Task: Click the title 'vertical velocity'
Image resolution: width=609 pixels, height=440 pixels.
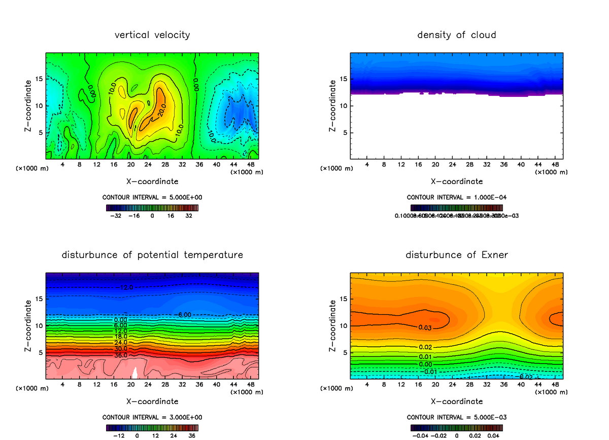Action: point(152,35)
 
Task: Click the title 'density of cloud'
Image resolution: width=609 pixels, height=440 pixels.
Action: point(456,35)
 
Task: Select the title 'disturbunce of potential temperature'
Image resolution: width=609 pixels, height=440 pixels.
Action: point(152,254)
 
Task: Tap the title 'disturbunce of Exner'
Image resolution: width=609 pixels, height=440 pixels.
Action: point(456,254)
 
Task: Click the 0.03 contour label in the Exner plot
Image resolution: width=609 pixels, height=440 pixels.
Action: point(425,327)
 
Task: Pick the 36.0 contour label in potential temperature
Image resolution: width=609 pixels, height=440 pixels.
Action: point(121,355)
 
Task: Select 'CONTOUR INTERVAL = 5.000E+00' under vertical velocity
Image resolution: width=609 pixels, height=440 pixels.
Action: point(152,197)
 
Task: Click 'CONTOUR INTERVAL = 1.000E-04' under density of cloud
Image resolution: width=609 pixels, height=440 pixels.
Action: point(456,197)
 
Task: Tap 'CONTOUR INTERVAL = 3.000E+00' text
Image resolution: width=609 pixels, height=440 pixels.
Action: point(152,417)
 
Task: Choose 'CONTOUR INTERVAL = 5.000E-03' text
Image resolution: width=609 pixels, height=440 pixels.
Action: point(456,417)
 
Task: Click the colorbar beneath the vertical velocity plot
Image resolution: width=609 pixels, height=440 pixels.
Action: point(152,207)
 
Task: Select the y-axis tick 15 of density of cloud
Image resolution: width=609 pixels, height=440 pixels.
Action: point(344,79)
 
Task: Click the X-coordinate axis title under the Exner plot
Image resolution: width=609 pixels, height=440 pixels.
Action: point(456,401)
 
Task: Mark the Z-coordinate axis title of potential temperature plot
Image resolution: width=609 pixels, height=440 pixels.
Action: point(28,325)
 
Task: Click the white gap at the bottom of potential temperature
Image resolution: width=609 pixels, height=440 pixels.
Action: point(135,374)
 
